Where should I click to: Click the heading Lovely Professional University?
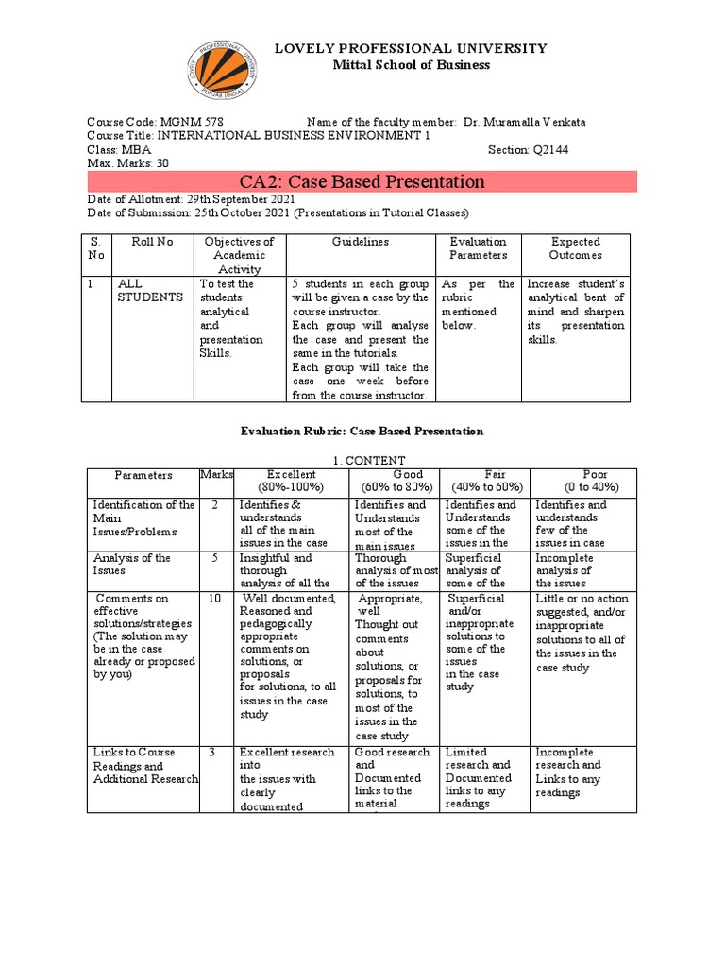[x=410, y=48]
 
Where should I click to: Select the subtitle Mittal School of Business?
[x=410, y=65]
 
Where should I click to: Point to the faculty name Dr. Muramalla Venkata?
[x=531, y=123]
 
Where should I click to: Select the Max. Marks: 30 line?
[x=127, y=162]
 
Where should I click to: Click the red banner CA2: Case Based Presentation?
[x=362, y=181]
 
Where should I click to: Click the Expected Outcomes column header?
[x=576, y=248]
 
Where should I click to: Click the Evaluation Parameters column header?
[x=478, y=248]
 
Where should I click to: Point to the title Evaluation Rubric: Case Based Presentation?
[x=362, y=431]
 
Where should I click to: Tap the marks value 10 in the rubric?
[x=215, y=599]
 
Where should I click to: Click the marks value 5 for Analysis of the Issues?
[x=215, y=558]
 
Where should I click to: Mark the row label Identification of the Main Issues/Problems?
[x=143, y=518]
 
